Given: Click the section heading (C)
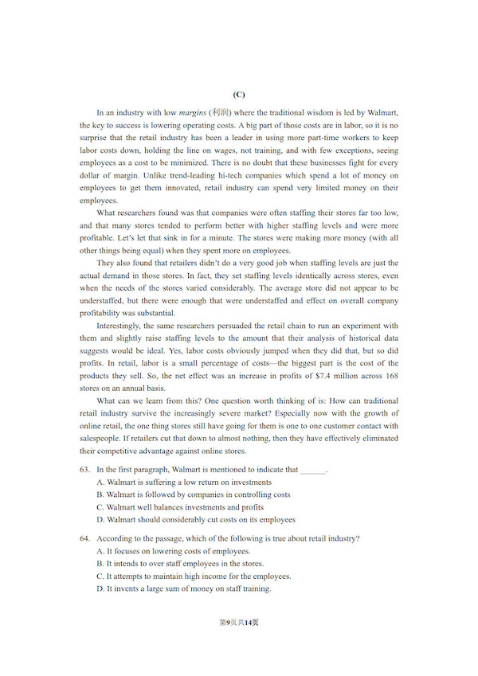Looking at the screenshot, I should tap(239, 95).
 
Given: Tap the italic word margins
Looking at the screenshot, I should tap(194, 113).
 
